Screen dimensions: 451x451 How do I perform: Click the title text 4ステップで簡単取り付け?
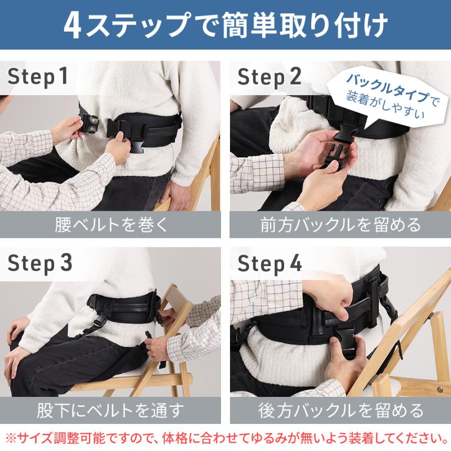pos(225,26)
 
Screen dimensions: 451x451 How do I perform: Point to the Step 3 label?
pos(40,263)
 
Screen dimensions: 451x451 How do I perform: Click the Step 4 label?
pos(270,263)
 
